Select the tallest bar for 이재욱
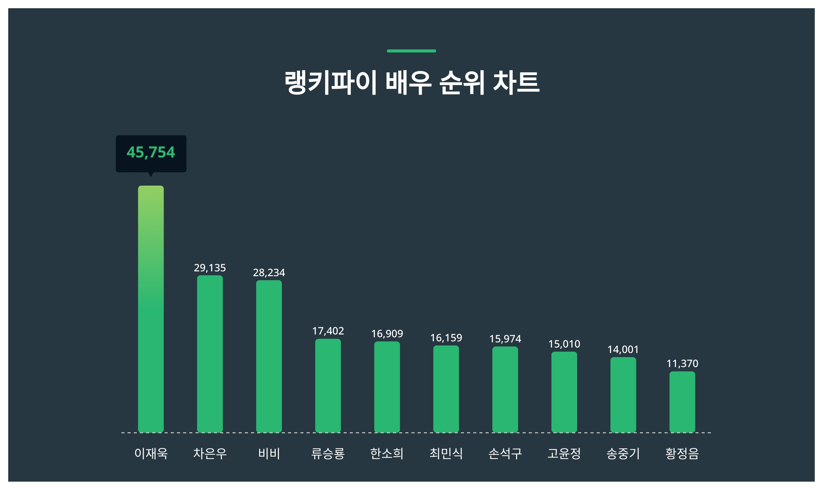(x=151, y=309)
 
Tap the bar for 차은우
(x=210, y=353)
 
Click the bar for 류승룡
(x=328, y=386)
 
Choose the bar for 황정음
(x=682, y=402)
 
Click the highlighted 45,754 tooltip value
(x=151, y=152)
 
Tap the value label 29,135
(x=210, y=268)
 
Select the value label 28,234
(x=269, y=272)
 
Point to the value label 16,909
(x=387, y=333)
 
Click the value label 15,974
(x=505, y=339)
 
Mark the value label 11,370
(x=682, y=363)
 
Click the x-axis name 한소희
(x=387, y=454)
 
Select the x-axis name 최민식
(x=446, y=454)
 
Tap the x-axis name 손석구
(x=505, y=454)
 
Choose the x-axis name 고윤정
(x=564, y=454)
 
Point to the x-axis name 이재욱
(x=151, y=454)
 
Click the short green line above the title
(x=411, y=51)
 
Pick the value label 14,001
(x=623, y=349)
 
